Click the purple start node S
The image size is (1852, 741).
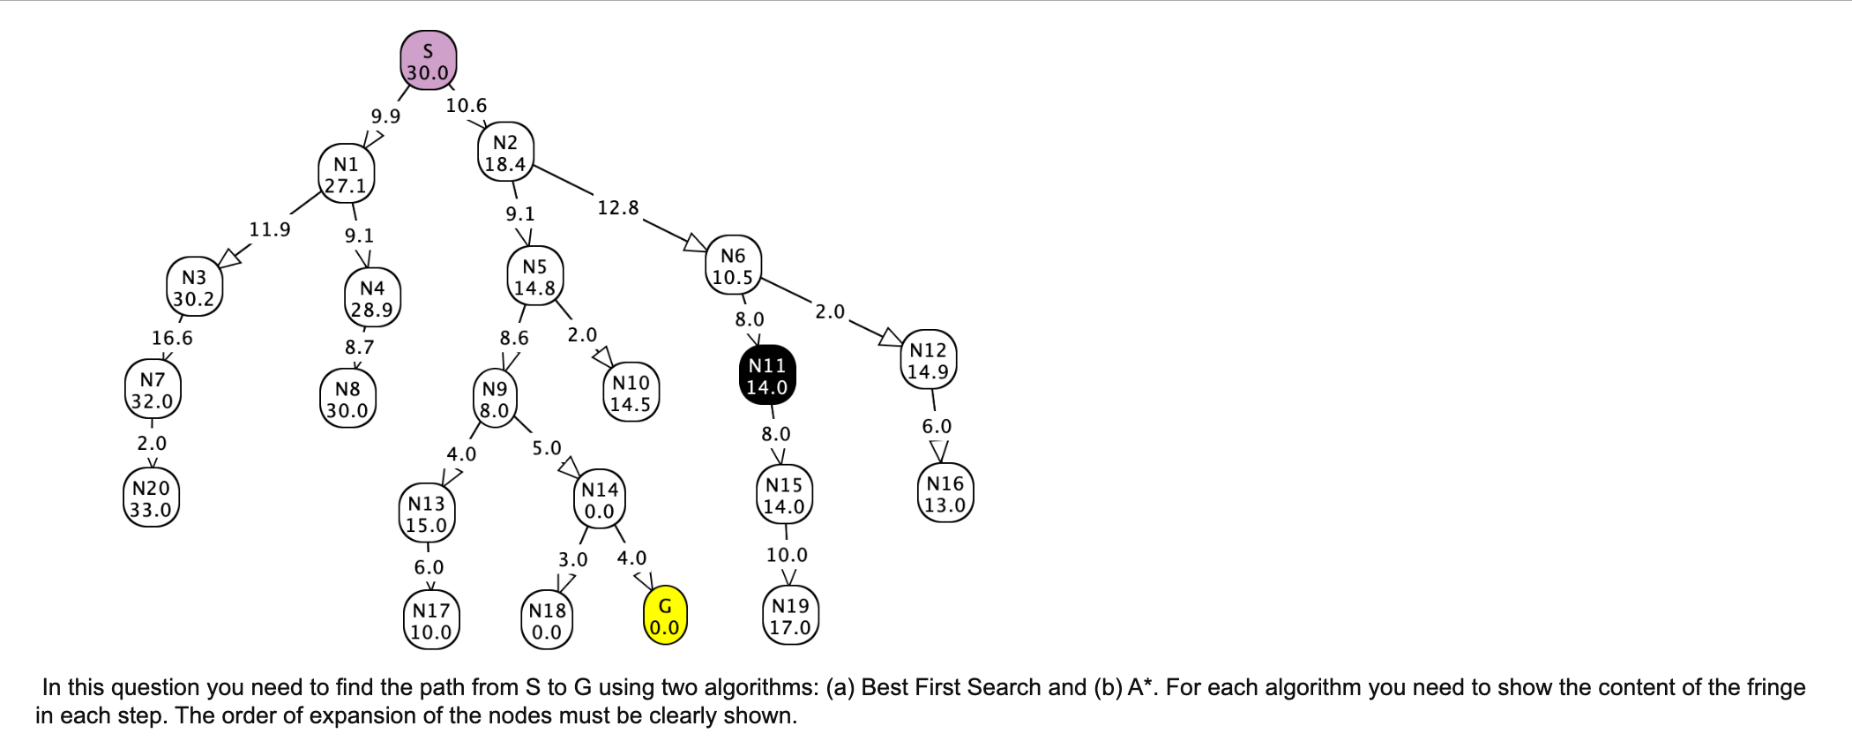click(429, 61)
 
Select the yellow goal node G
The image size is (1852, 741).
click(664, 617)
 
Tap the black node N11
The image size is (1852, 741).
click(766, 376)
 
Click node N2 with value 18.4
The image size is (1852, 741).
click(505, 153)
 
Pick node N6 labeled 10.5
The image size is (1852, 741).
click(733, 266)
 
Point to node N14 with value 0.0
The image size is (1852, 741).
click(600, 500)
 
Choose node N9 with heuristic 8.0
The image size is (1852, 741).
click(495, 400)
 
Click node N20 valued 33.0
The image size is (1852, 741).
click(151, 499)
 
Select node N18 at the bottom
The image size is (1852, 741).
click(547, 621)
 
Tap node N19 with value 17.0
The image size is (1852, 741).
click(789, 617)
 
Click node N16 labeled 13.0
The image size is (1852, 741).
click(945, 494)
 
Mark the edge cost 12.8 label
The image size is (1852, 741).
click(618, 208)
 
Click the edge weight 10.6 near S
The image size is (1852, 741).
click(466, 106)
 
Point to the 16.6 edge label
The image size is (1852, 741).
click(172, 338)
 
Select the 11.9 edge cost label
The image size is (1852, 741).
click(270, 229)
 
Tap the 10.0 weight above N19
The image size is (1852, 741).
click(787, 555)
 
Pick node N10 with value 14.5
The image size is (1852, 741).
click(631, 393)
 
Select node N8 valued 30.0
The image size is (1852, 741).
click(347, 400)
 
